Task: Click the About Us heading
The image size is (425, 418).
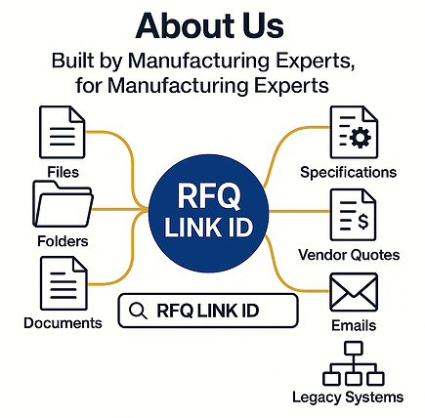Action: click(210, 26)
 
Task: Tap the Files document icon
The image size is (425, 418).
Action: click(62, 132)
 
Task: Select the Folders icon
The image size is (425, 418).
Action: click(63, 204)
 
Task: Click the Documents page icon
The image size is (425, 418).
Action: click(64, 283)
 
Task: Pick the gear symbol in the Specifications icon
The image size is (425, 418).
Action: click(360, 138)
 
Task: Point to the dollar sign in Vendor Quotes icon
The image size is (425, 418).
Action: click(363, 221)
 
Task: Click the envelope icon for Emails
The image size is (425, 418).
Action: click(354, 292)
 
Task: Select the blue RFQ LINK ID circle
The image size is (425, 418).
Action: click(209, 213)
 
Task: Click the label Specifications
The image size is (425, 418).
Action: click(348, 173)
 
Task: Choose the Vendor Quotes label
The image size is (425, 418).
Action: click(349, 255)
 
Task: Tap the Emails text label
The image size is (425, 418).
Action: click(354, 325)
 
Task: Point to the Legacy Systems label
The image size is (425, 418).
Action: click(348, 397)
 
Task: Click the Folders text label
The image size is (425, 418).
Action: click(63, 241)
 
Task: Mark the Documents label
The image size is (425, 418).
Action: click(63, 323)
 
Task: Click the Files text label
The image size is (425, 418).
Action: click(64, 172)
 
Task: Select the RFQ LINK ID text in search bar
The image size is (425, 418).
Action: click(208, 311)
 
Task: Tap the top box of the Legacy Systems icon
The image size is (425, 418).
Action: click(354, 348)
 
